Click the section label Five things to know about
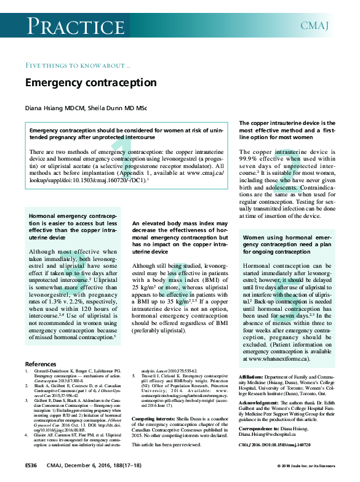pos(77,65)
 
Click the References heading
pos(40,364)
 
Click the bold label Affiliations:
pos(252,376)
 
